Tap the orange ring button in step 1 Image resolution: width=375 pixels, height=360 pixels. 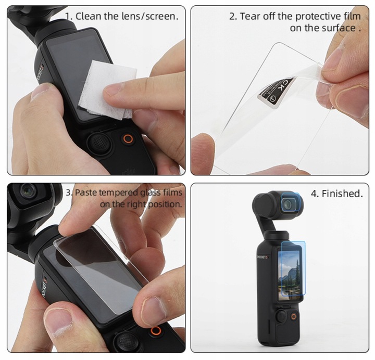[x=127, y=139]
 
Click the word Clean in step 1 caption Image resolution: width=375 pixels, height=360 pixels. [x=88, y=16]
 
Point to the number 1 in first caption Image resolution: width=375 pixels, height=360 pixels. [x=68, y=16]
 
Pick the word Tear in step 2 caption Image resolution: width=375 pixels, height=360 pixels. [x=249, y=16]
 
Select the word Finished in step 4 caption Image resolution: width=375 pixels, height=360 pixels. [x=341, y=194]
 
